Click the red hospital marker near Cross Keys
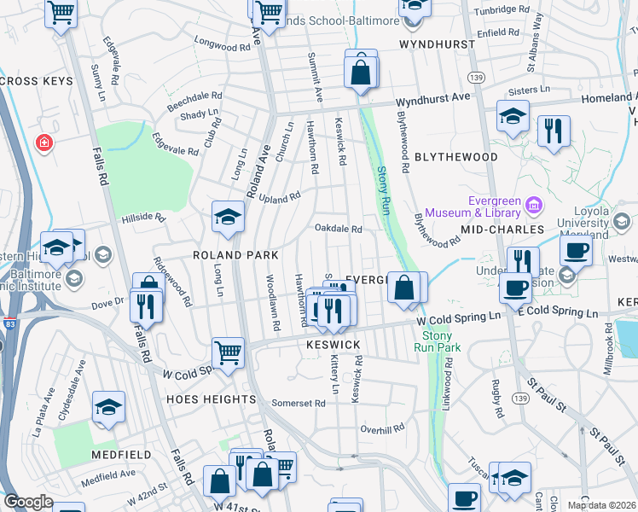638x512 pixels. coord(43,143)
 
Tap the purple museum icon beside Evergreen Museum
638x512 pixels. coord(534,204)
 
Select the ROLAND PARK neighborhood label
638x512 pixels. coord(235,255)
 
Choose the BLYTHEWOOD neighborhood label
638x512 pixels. coord(455,157)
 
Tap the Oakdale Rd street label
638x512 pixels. coord(339,229)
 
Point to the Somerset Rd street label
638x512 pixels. coord(299,403)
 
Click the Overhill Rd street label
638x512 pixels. coord(380,429)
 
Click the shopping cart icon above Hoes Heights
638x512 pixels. coord(228,352)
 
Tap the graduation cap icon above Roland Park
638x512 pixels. coord(228,218)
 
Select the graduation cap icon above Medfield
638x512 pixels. coord(108,408)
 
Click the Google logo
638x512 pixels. coord(28,502)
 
